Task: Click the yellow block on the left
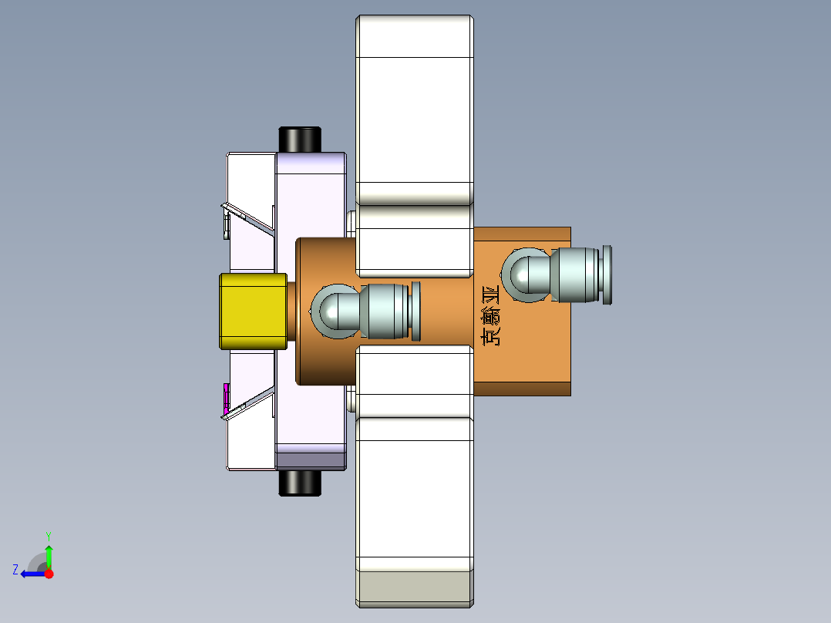[x=252, y=311]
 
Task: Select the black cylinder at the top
[x=299, y=139]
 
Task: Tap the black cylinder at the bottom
[x=299, y=483]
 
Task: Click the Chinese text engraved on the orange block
[x=490, y=315]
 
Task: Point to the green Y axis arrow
[x=49, y=552]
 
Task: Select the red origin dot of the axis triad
[x=49, y=574]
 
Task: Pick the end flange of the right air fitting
[x=607, y=274]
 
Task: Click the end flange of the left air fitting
[x=416, y=311]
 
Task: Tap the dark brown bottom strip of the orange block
[x=522, y=388]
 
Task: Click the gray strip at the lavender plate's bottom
[x=311, y=461]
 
